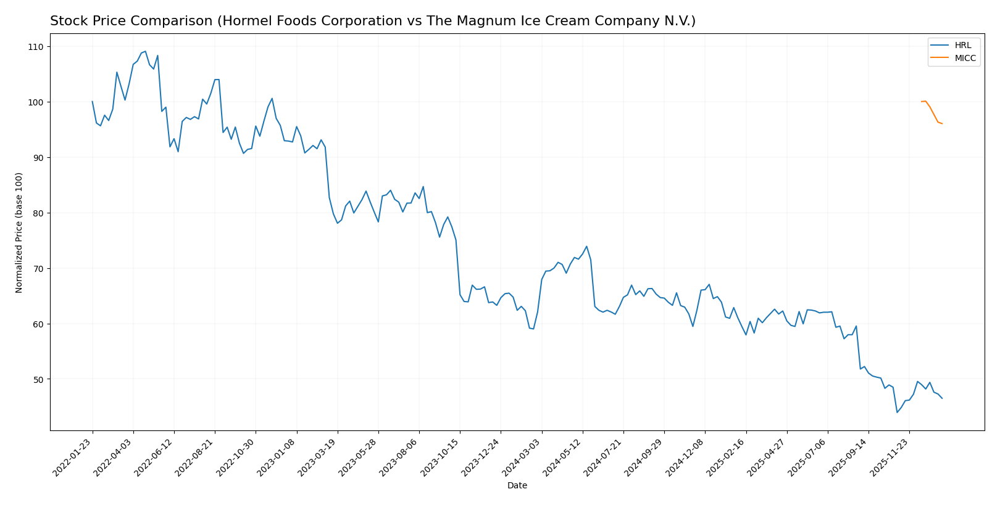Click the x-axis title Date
click(517, 486)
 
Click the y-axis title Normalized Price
click(19, 232)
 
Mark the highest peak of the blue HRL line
click(145, 51)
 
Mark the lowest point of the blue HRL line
click(897, 412)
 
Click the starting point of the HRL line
click(93, 102)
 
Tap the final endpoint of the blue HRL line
click(942, 398)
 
